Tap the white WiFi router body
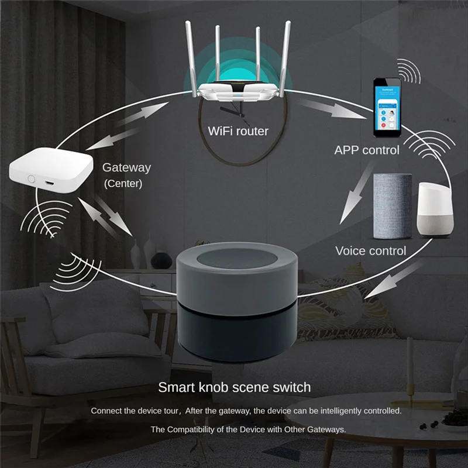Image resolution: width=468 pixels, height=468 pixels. point(238,94)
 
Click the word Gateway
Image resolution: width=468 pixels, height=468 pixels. point(126,167)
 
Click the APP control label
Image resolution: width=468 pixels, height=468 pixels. point(367,150)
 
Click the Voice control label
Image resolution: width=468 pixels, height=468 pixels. point(370,251)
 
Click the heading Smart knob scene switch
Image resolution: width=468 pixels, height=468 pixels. point(235,387)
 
